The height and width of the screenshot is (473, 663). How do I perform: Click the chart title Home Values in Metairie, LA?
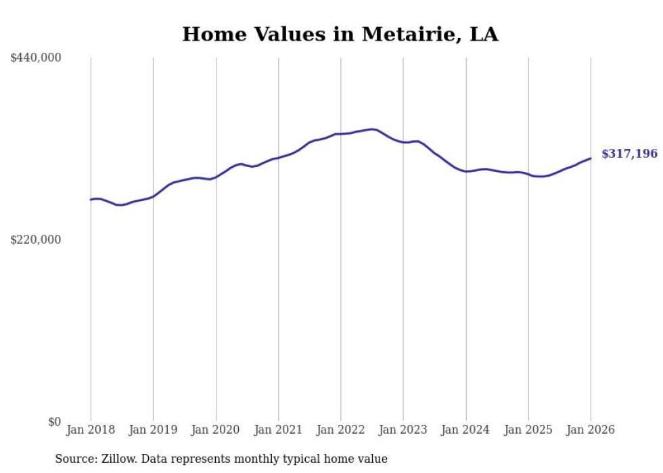coord(340,35)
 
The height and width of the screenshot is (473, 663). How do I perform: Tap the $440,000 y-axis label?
coord(36,58)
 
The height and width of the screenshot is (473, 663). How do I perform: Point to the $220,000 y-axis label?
coord(36,240)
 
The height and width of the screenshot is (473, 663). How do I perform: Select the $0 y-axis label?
coord(54,422)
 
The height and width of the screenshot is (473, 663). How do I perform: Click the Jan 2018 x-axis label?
coord(91,430)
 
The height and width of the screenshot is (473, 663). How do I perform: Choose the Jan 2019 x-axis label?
coord(153,430)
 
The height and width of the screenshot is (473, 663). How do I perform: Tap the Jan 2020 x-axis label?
coord(216,430)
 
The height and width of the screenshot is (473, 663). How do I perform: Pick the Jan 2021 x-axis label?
coord(278,430)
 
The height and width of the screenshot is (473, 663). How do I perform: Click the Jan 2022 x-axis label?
coord(341,430)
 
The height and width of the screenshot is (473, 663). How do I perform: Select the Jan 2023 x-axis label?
coord(403,430)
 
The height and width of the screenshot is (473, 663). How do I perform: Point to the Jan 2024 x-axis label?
coord(465,430)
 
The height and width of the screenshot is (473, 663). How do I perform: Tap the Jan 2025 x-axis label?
coord(528,430)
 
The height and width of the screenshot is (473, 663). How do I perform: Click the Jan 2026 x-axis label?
coord(591,430)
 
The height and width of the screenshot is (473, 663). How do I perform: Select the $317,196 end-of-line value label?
coord(629,154)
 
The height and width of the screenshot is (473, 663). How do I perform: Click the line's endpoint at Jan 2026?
coord(591,158)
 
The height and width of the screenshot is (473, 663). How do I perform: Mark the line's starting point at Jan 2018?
coord(91,200)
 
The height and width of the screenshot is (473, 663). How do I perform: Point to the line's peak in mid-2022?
coord(372,129)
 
